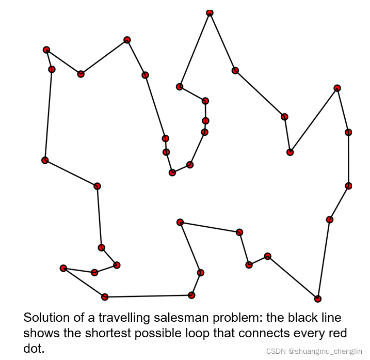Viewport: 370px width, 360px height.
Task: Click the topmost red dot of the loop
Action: coord(210,12)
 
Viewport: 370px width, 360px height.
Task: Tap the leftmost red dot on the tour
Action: coord(45,160)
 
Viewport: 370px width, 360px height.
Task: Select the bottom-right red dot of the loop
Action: coord(318,299)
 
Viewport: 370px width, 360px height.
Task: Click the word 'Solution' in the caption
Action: coord(45,318)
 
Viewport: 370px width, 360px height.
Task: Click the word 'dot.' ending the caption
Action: coord(34,349)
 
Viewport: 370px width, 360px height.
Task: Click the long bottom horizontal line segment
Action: coord(148,296)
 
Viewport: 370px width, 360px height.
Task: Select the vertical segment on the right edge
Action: coord(348,159)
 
